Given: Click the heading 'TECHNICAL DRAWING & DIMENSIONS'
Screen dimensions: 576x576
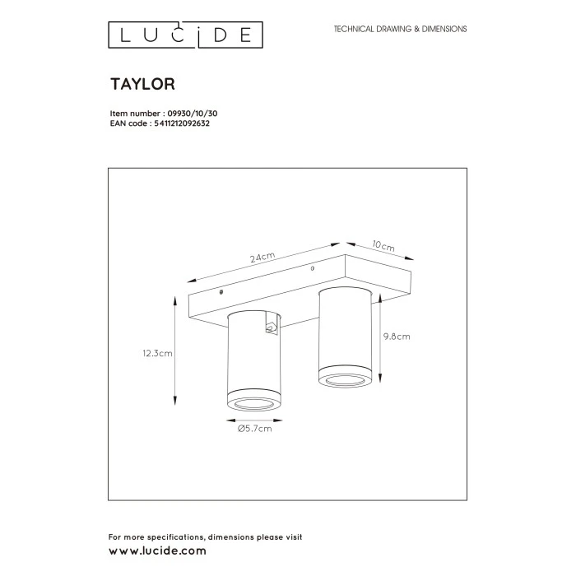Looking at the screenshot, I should [400, 29].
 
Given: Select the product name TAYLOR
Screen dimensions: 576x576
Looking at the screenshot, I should [142, 83].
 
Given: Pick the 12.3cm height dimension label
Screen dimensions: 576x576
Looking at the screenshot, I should [156, 354].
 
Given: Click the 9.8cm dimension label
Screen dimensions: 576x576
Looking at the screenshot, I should [397, 336].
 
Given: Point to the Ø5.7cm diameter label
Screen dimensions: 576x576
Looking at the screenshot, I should [253, 429].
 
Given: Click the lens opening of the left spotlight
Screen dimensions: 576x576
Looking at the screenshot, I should [253, 404].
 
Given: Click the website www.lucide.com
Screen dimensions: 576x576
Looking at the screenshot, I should [158, 550].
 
